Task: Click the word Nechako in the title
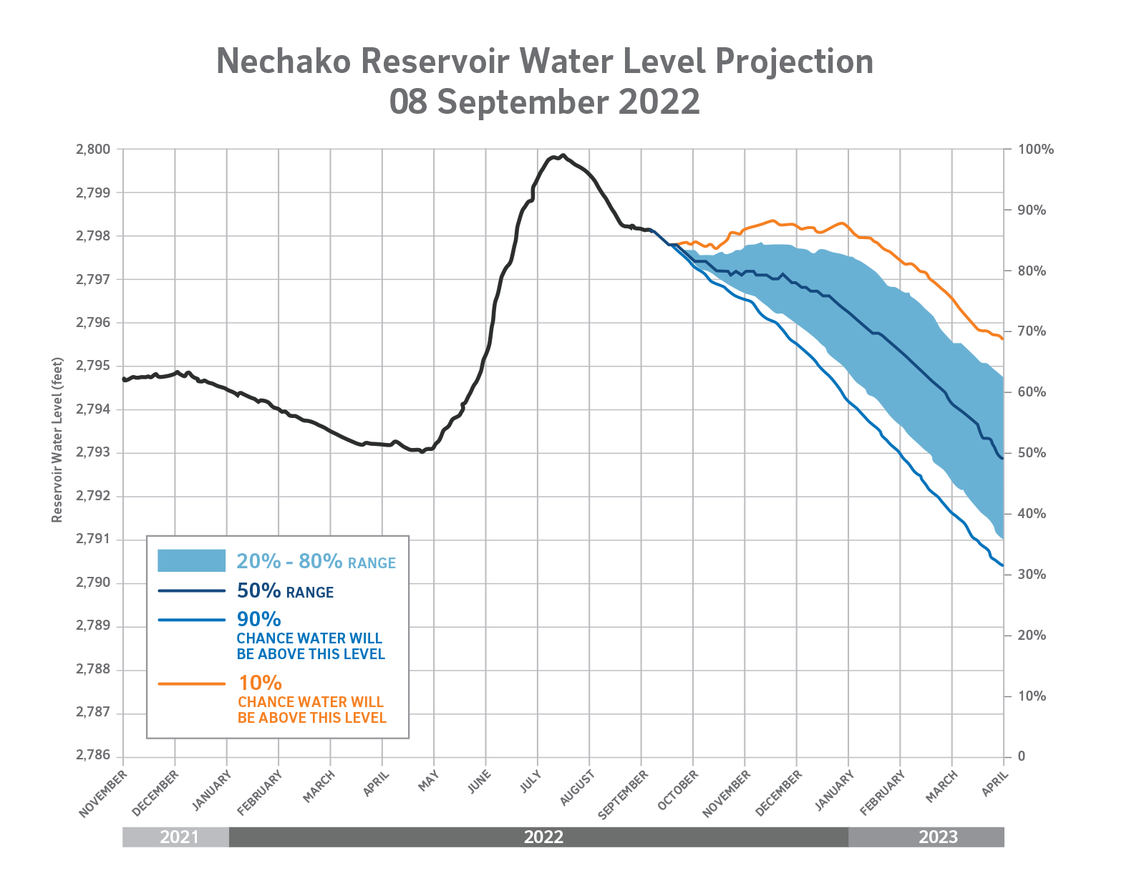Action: pos(283,62)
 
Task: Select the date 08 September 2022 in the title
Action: pos(544,102)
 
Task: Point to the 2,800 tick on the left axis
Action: pos(93,150)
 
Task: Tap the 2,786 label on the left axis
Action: pos(93,756)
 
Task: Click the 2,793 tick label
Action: pos(93,453)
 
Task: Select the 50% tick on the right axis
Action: pos(1032,453)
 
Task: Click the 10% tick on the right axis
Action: pos(1032,696)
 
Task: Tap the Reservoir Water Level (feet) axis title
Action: pos(58,439)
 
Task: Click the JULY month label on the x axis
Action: pos(531,781)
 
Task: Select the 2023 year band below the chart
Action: pos(938,837)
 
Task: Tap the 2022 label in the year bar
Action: pos(544,837)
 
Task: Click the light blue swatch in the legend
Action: pos(191,561)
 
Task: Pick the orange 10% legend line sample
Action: pos(191,683)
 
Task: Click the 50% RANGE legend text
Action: pos(285,591)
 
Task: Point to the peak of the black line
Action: pos(563,155)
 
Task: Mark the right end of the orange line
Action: pos(1002,339)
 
